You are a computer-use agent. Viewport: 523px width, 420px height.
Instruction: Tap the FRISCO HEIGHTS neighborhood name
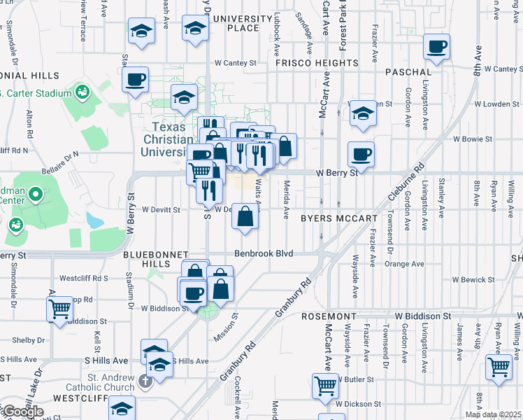click(x=317, y=63)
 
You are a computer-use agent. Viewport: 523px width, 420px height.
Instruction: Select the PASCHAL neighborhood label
click(x=408, y=72)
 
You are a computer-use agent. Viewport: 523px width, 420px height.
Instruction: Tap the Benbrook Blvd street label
click(x=263, y=253)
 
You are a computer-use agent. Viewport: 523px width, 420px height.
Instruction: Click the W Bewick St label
click(x=473, y=280)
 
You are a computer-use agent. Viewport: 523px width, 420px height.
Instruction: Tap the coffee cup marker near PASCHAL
click(x=437, y=48)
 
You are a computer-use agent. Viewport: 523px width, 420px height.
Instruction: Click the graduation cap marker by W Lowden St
click(x=363, y=113)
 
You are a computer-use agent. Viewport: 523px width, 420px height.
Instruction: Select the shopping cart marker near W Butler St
click(x=326, y=386)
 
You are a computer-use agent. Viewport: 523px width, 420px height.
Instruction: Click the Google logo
click(x=22, y=411)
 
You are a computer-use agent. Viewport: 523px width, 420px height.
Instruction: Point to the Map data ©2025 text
click(x=492, y=414)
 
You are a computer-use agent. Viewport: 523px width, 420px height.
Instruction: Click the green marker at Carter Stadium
click(x=83, y=92)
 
